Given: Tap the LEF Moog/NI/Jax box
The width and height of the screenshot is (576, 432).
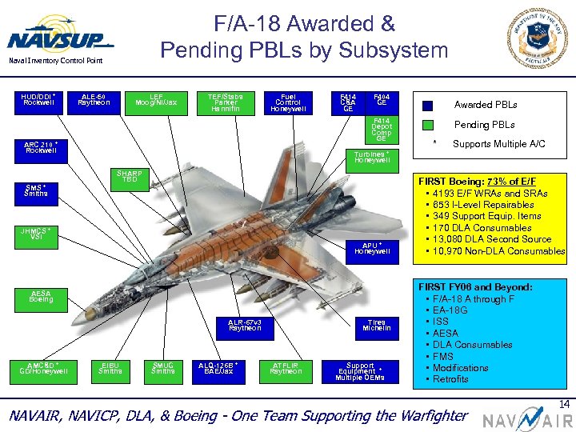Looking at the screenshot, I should (157, 99).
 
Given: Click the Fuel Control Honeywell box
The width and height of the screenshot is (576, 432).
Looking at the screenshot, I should (288, 102).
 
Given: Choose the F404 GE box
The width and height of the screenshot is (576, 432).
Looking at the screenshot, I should (382, 99).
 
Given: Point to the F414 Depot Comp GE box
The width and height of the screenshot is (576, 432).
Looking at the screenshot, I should (382, 129).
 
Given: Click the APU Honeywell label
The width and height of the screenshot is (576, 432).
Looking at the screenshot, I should (372, 249).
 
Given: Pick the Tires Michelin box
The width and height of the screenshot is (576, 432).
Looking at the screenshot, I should (376, 325).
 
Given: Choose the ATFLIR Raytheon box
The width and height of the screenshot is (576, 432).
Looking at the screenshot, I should (286, 368).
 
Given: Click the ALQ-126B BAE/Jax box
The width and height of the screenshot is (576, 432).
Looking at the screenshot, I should (218, 368).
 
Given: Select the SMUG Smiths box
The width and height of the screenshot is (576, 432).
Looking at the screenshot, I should (162, 368).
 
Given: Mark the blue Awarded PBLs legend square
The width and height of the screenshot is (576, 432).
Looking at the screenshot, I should (428, 105).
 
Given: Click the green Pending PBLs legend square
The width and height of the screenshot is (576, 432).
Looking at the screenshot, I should (428, 125).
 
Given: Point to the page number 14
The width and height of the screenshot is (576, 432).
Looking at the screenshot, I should (565, 405).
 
